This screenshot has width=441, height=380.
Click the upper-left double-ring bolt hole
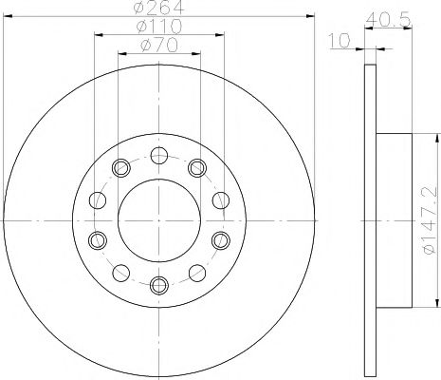(120, 169)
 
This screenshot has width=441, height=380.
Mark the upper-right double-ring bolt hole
(196, 169)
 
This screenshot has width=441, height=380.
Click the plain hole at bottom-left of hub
(120, 273)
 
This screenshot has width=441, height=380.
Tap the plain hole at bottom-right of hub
(196, 273)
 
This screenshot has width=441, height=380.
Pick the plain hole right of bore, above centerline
(220, 199)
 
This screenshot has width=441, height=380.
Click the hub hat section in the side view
(396, 218)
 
